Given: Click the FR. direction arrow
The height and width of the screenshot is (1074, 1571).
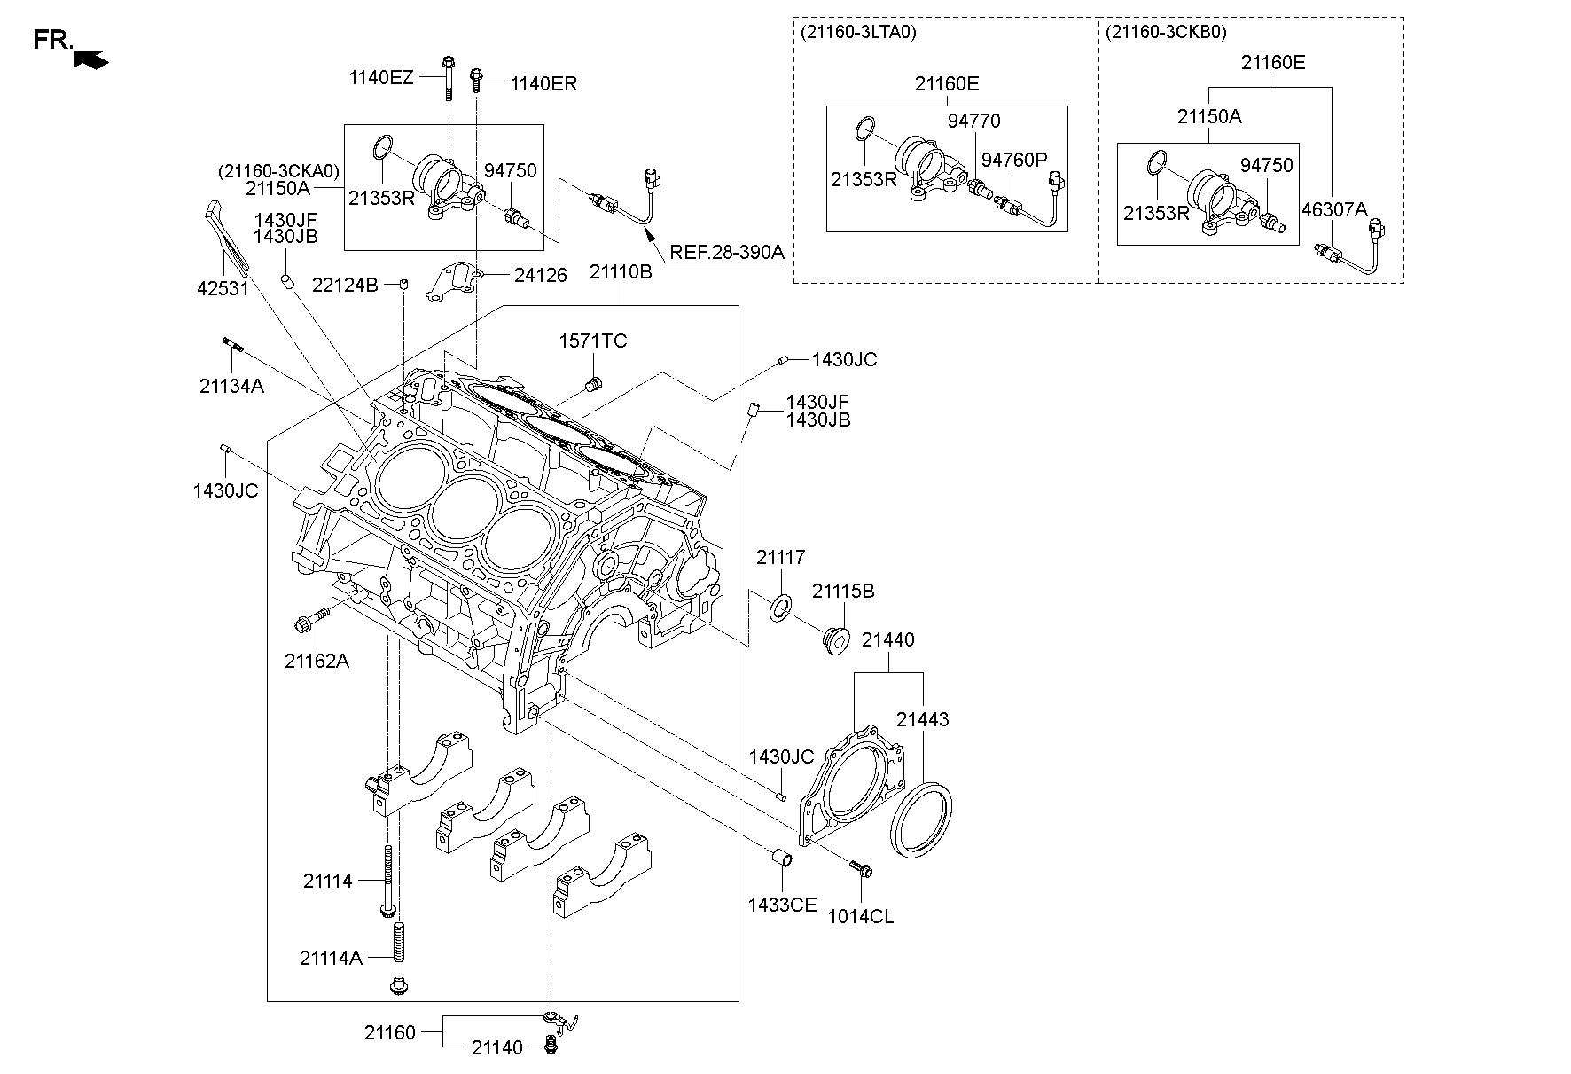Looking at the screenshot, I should (x=92, y=59).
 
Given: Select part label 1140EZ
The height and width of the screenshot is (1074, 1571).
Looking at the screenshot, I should (x=380, y=78).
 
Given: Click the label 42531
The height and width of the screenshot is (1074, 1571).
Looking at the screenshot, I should (x=223, y=288).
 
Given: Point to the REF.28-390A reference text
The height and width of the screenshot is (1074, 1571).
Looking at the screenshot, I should (x=726, y=252).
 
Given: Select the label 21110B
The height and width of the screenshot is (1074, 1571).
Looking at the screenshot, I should (x=621, y=272).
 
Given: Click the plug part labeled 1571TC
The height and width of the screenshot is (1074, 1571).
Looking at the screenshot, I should (x=593, y=384).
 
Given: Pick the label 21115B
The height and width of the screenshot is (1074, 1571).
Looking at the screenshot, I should (x=843, y=591).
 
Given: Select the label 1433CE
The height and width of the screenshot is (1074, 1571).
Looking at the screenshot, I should (x=781, y=905).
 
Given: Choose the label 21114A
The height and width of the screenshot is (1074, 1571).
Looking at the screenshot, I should (x=331, y=958).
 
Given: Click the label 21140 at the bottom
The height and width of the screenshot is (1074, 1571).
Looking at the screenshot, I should (x=497, y=1048).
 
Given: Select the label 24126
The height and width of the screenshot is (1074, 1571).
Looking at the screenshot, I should (x=540, y=276).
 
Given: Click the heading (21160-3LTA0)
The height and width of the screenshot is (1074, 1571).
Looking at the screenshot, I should (x=857, y=33).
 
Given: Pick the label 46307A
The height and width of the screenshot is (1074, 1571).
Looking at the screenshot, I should (x=1334, y=210).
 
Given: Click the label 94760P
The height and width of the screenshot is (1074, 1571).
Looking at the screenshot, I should (x=1014, y=160).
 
